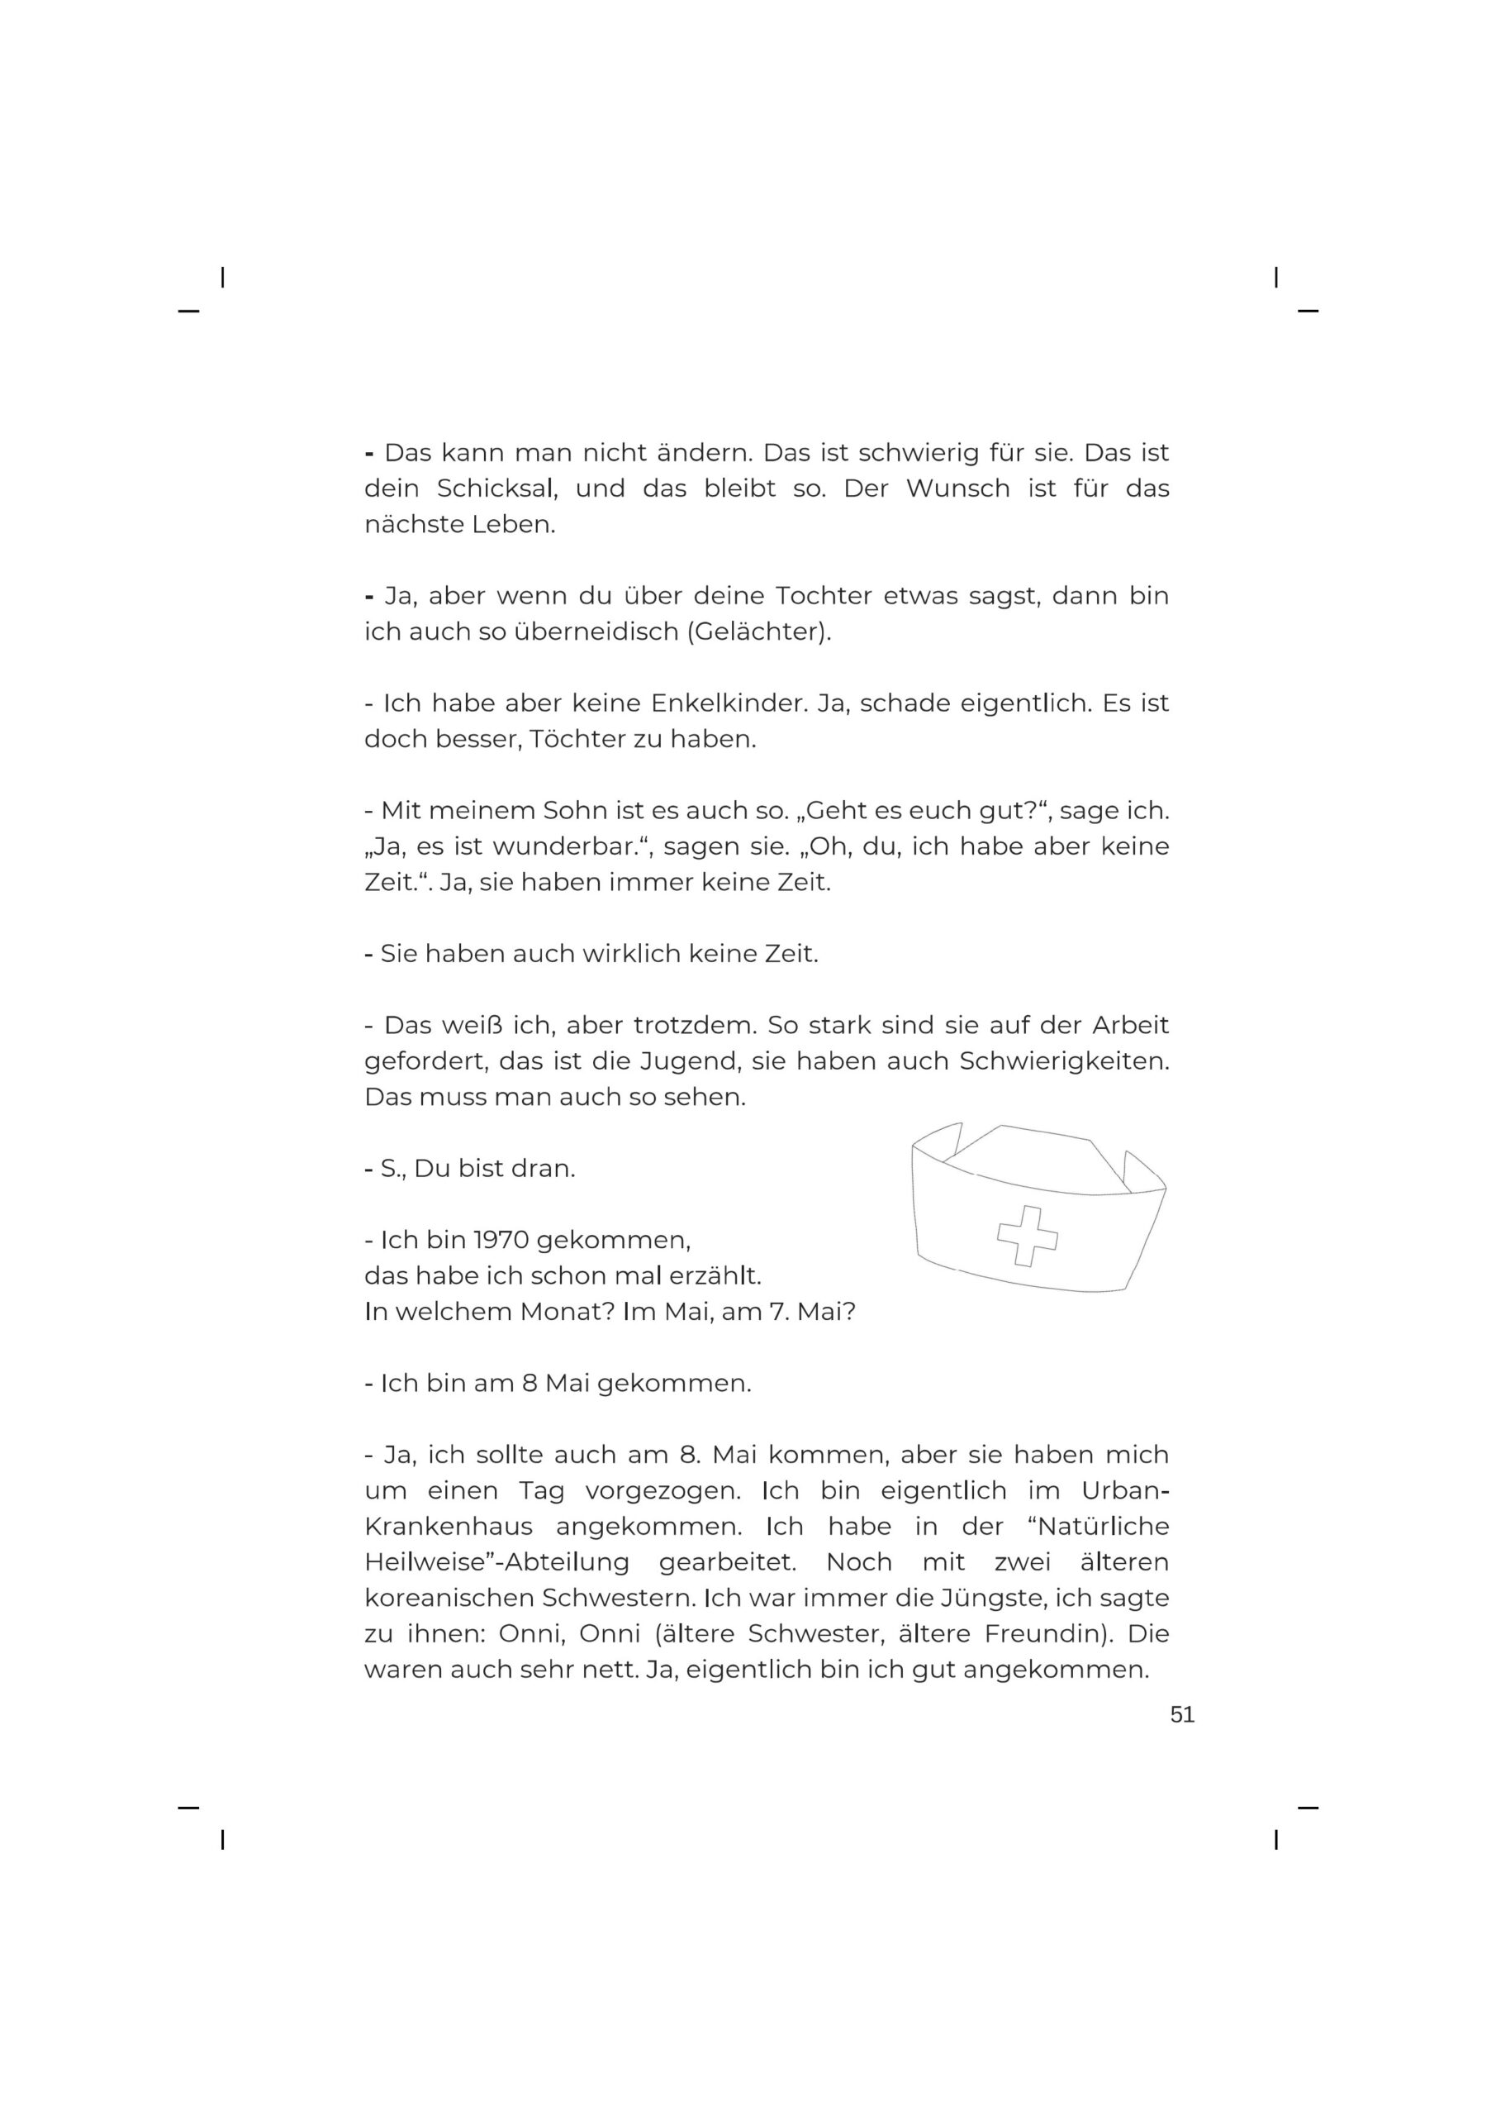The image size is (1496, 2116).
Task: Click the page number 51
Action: [1182, 1714]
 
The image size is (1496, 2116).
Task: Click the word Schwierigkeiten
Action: [1064, 1061]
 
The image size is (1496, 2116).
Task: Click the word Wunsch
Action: [957, 488]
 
